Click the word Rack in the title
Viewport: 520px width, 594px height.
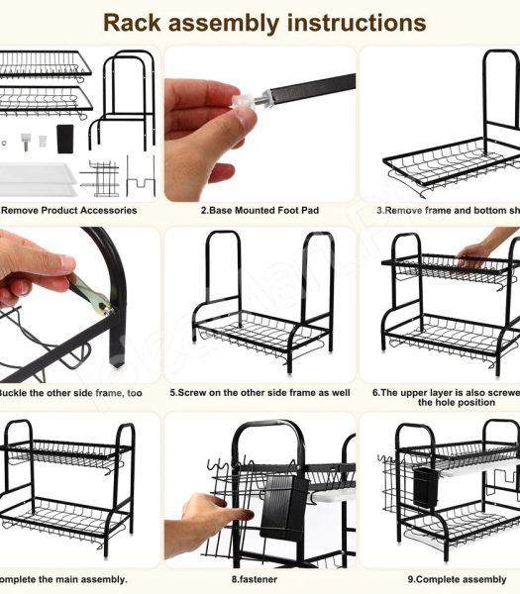(139, 23)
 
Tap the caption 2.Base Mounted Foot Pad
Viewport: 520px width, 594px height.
(260, 211)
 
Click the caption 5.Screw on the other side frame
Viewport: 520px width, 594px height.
(260, 392)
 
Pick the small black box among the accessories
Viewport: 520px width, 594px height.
(66, 137)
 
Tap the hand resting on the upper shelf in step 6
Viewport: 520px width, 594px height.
(485, 247)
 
